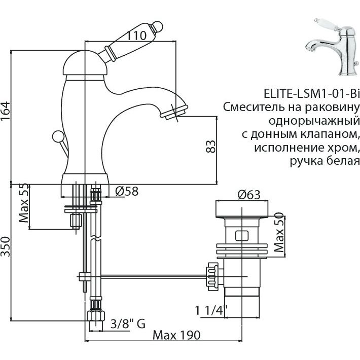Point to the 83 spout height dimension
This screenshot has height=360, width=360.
click(211, 146)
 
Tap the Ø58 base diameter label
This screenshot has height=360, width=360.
click(125, 192)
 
